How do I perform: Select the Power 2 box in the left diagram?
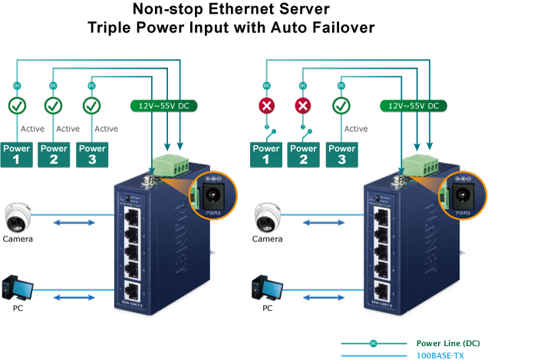(x=54, y=154)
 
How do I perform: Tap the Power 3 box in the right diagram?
(x=341, y=154)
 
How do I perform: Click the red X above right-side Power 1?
(x=267, y=105)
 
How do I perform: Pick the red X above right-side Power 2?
(x=304, y=105)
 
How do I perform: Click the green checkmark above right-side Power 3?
(x=341, y=105)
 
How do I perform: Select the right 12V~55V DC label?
(x=412, y=105)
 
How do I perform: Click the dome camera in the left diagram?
(x=18, y=216)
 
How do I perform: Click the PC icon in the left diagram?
(x=17, y=288)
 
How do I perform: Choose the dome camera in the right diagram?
(x=268, y=216)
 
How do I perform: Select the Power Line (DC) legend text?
(x=447, y=342)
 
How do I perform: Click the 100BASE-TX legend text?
(x=440, y=355)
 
